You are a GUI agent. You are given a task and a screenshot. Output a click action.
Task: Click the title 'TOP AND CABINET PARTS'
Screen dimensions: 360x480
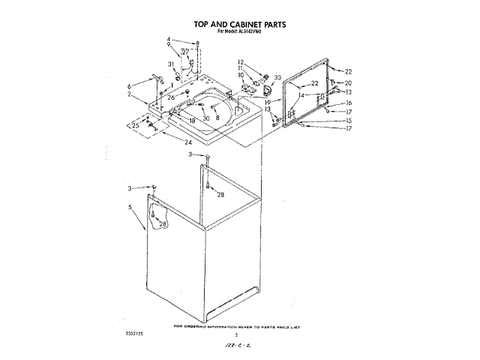click(x=240, y=24)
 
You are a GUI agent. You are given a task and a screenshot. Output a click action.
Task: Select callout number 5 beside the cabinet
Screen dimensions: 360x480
click(x=130, y=207)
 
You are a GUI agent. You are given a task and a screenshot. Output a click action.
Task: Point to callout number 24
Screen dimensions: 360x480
click(x=187, y=142)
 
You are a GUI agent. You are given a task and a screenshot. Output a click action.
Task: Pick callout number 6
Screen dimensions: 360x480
click(x=129, y=86)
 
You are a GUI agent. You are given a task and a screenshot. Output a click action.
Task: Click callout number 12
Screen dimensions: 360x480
click(x=241, y=61)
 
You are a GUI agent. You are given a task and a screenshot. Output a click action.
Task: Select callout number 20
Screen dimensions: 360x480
click(x=348, y=82)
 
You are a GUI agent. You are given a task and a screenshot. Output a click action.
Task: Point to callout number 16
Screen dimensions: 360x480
click(x=348, y=103)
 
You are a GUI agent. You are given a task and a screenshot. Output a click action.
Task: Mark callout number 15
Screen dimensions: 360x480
click(x=348, y=121)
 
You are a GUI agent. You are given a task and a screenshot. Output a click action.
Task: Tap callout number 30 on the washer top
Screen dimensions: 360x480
click(x=206, y=118)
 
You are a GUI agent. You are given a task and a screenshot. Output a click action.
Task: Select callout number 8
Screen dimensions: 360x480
click(x=217, y=118)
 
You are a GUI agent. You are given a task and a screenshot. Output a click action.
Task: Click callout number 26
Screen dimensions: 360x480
click(x=171, y=98)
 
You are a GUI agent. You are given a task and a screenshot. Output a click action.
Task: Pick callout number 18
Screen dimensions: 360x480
click(x=192, y=120)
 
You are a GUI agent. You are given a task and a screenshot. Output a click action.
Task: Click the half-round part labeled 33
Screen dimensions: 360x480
click(x=264, y=89)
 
